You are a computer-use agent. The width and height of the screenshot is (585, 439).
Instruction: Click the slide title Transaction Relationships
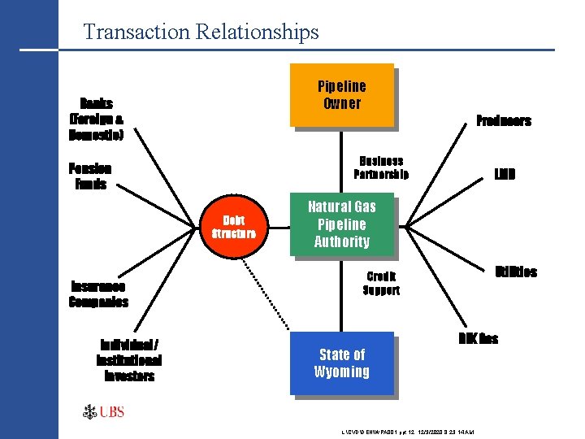click(x=201, y=33)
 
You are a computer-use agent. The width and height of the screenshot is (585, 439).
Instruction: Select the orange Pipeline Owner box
click(x=342, y=95)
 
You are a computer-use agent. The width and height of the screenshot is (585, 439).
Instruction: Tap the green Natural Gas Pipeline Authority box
click(x=342, y=224)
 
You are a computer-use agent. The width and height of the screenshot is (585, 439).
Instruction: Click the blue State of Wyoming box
click(x=342, y=363)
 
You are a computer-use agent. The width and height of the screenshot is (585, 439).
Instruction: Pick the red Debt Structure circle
click(x=233, y=227)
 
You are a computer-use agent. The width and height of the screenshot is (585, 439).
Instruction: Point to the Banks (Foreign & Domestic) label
click(x=97, y=120)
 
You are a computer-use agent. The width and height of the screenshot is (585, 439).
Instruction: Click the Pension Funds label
click(x=91, y=176)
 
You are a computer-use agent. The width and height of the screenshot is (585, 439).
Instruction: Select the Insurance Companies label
click(x=98, y=294)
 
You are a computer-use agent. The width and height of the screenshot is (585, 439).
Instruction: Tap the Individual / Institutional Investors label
click(x=128, y=360)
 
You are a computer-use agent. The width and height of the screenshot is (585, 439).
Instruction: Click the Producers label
click(x=503, y=121)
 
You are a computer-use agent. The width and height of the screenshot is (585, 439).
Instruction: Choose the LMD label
click(x=505, y=175)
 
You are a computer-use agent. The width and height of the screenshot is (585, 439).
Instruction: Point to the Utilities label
click(x=516, y=272)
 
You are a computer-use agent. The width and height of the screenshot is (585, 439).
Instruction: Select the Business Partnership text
click(x=381, y=167)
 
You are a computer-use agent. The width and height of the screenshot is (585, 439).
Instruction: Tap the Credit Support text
click(x=381, y=283)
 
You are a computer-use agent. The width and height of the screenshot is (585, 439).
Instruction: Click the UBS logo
click(x=103, y=412)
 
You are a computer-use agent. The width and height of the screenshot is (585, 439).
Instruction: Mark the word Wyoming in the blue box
click(x=342, y=372)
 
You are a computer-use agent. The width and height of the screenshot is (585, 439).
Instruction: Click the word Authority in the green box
click(x=342, y=241)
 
